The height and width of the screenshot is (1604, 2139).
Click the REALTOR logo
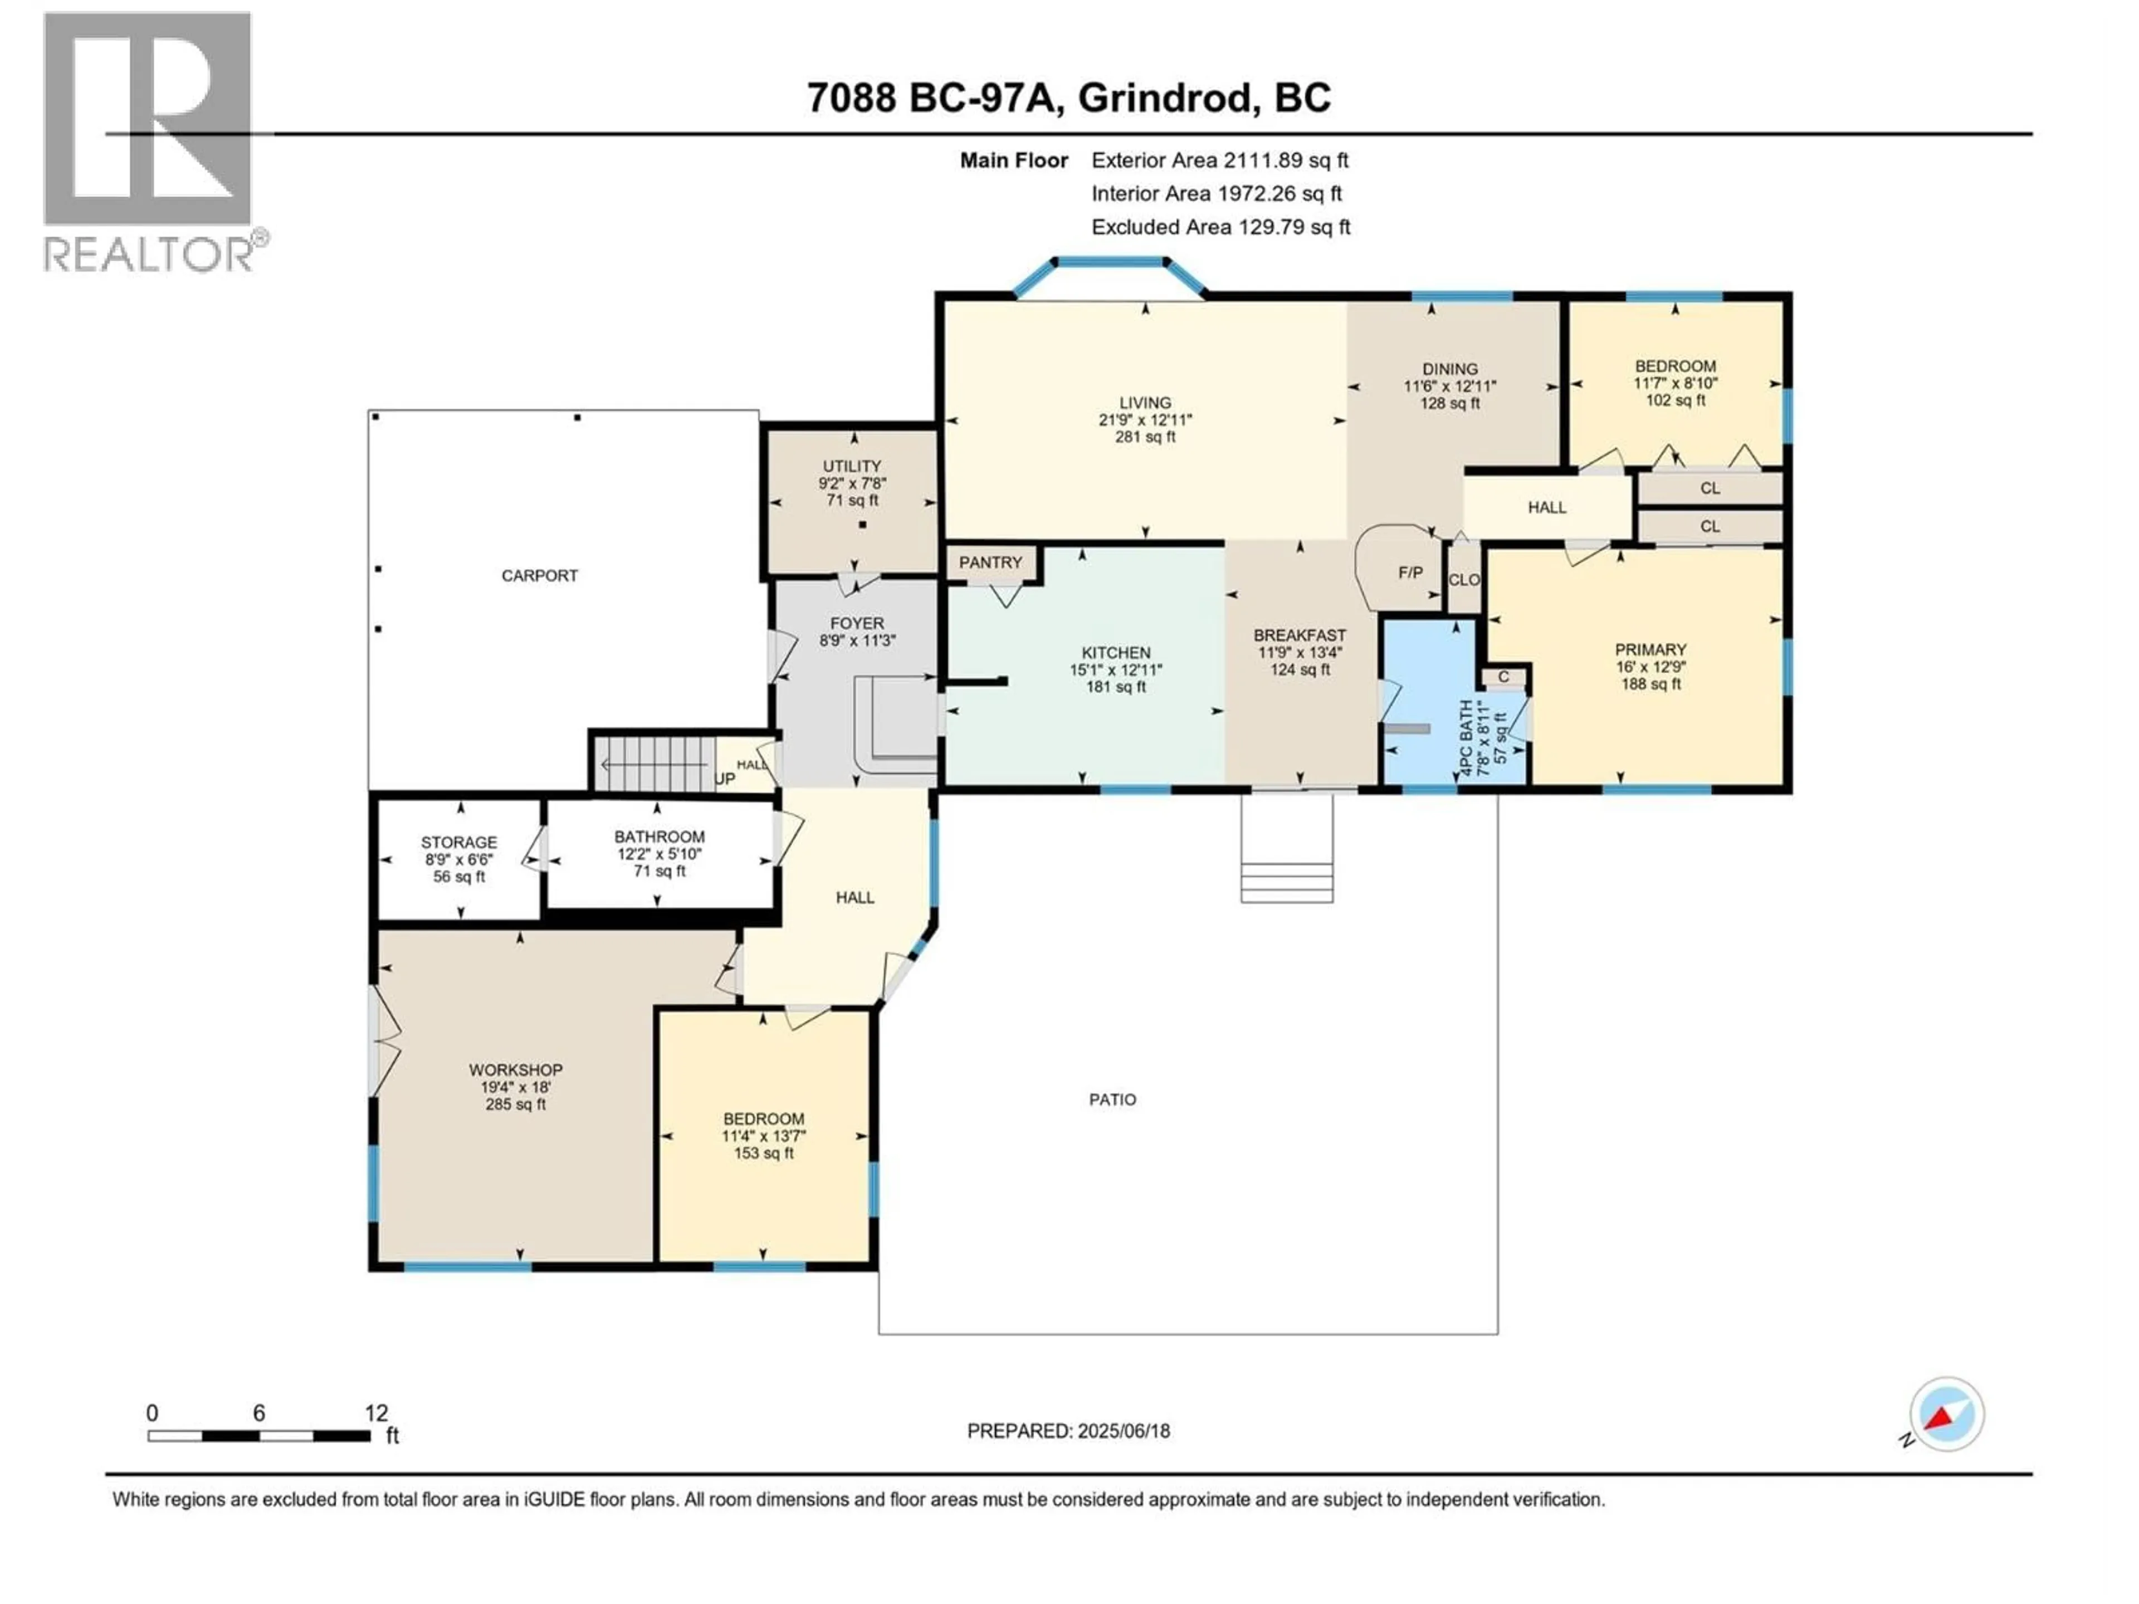(150, 140)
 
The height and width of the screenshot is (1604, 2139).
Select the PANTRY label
(990, 563)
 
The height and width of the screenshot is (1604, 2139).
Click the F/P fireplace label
(1410, 573)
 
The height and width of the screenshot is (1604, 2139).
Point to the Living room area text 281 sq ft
(1145, 437)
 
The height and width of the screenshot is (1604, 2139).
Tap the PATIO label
(1112, 1099)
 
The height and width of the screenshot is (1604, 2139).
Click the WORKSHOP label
(515, 1070)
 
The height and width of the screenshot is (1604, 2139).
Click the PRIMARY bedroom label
(1650, 650)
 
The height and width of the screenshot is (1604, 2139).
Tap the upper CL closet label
(1710, 488)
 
